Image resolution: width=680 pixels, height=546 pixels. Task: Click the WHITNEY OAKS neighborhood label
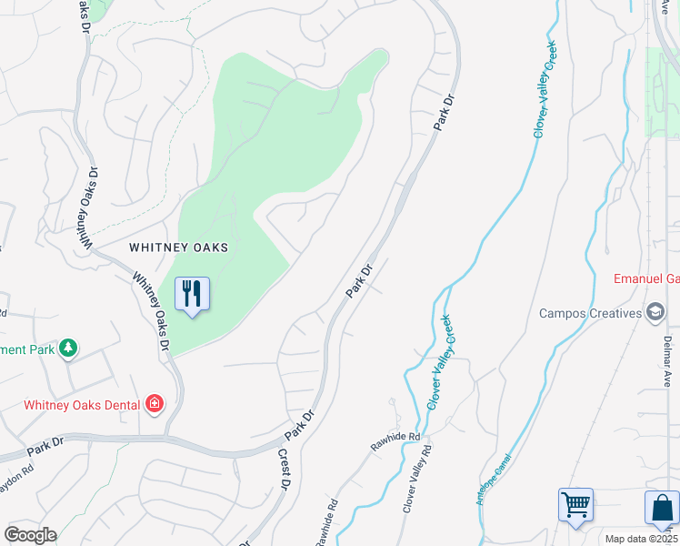coord(178,247)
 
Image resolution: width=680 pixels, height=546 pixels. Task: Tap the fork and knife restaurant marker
coord(192,294)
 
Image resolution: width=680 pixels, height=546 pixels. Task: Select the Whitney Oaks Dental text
coord(82,405)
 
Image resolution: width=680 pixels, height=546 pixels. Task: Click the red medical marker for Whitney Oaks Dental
coord(155,404)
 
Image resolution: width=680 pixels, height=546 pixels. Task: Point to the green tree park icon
coord(67,349)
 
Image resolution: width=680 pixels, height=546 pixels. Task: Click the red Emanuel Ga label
coord(646,278)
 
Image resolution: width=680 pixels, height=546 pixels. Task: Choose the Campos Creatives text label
coord(590,313)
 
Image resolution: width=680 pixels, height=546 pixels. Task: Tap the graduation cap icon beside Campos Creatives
coord(655,313)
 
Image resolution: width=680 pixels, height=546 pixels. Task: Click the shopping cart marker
coord(575,505)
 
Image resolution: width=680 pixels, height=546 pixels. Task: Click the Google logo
coord(30,535)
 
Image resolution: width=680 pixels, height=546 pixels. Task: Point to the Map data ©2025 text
coord(642,539)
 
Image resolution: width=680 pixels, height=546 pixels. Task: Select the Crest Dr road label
coord(284,470)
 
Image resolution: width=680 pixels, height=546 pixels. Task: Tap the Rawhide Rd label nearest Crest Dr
coord(327,522)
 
